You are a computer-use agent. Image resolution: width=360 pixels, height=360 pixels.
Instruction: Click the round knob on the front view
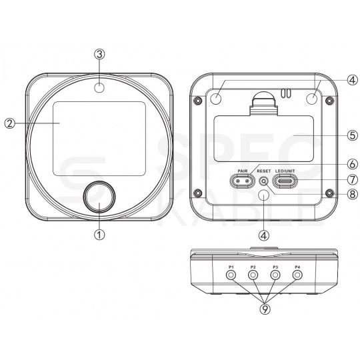[99, 197]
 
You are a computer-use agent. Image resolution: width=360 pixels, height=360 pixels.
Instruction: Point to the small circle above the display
[99, 88]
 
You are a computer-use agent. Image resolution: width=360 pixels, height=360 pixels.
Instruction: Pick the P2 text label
[253, 267]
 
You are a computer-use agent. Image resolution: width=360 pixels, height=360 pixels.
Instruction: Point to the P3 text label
[275, 267]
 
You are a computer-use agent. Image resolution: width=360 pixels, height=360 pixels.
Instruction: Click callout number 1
[99, 235]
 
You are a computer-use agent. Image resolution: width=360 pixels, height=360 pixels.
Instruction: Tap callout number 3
[99, 54]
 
